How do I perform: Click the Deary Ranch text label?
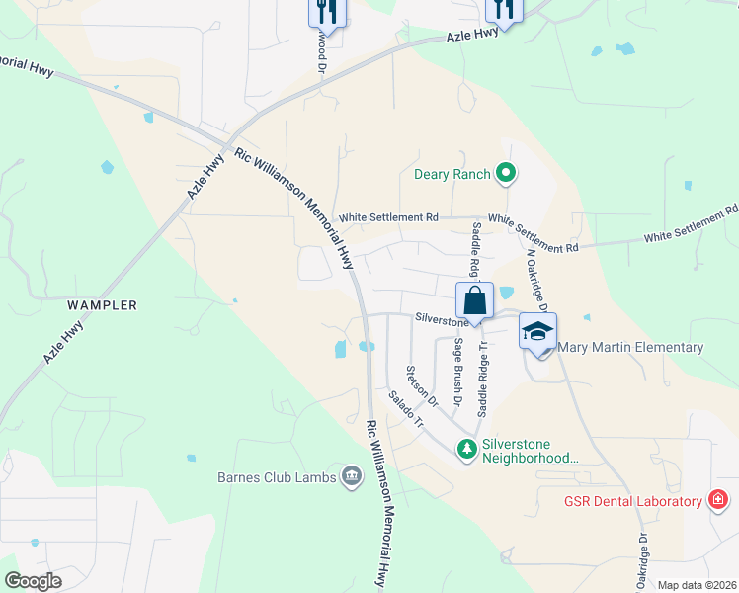click(452, 175)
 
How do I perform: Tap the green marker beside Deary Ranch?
click(506, 175)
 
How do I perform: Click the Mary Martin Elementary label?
click(630, 347)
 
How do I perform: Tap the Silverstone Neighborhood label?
click(529, 451)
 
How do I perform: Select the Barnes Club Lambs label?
click(277, 478)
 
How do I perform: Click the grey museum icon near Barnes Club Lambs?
click(351, 478)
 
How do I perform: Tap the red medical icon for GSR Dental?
click(720, 501)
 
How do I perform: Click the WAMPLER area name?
click(104, 305)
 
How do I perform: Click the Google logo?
click(33, 581)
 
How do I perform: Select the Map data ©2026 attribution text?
click(696, 585)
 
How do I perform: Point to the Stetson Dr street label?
click(420, 386)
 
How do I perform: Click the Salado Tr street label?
click(405, 409)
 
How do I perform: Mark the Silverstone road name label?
click(440, 320)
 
